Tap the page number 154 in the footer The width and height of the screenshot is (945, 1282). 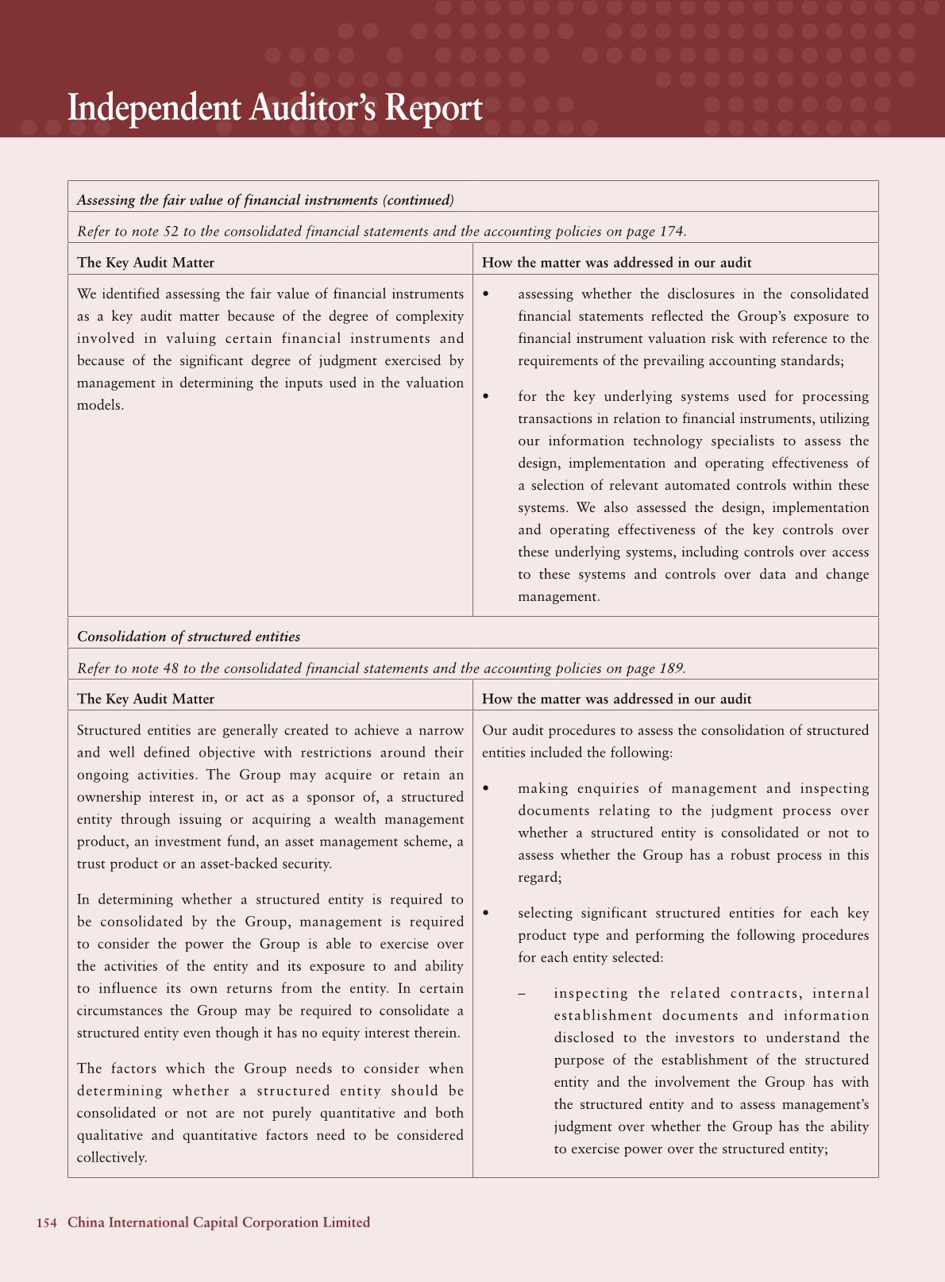point(46,1222)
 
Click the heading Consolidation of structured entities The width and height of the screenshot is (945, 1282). point(188,637)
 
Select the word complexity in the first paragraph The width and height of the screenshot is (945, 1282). point(430,316)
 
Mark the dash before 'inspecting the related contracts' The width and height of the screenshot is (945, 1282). point(522,993)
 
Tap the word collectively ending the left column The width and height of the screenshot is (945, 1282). point(110,1157)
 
